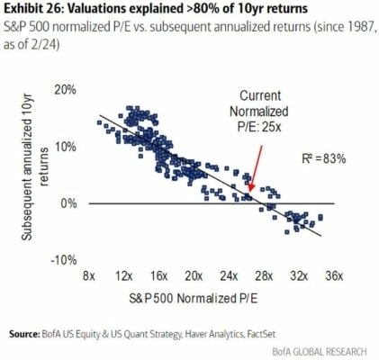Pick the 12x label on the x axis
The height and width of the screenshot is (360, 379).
124,274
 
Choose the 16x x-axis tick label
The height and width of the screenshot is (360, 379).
158,274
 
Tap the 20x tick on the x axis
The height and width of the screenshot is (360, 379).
194,274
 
